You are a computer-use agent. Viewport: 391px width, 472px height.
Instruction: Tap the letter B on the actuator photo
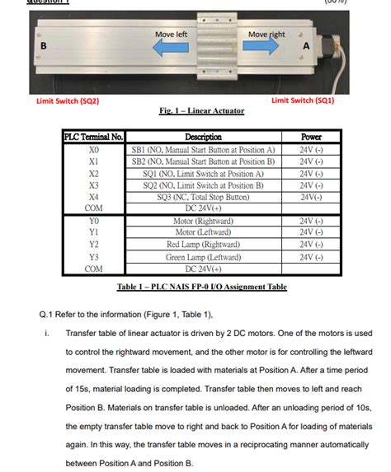43,46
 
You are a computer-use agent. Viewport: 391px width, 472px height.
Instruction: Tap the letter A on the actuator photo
306,46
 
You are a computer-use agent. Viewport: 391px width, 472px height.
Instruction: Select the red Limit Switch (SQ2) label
68,101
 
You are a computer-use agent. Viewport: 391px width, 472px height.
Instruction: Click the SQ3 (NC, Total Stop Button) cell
203,198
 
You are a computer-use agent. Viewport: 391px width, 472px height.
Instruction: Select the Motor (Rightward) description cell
203,222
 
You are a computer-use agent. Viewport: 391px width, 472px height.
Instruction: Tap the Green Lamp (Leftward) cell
203,257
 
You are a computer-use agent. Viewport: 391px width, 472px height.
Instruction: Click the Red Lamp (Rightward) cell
203,245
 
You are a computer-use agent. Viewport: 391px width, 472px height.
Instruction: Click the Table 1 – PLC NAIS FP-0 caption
202,287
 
